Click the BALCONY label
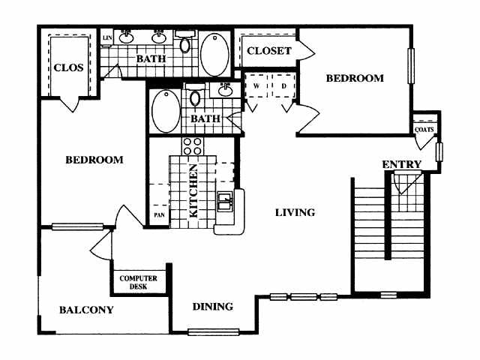click(x=86, y=310)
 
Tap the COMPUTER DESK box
click(x=139, y=281)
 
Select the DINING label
click(x=212, y=307)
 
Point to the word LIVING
click(x=294, y=213)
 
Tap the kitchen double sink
click(x=225, y=202)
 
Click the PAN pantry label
click(x=159, y=215)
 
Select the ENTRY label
click(x=401, y=164)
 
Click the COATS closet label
click(x=424, y=129)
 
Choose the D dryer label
click(x=284, y=85)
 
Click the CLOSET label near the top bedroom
click(x=268, y=51)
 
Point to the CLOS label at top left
click(x=68, y=67)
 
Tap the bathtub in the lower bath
click(x=165, y=112)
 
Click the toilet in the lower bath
click(x=195, y=97)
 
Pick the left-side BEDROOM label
click(x=94, y=160)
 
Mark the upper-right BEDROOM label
click(x=355, y=78)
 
